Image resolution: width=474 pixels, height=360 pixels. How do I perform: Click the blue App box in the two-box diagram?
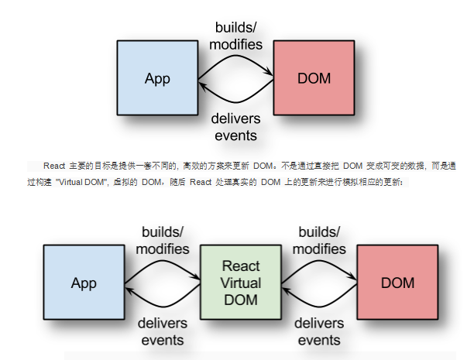pyautogui.click(x=157, y=77)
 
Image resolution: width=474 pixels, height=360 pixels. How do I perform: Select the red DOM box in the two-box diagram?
pyautogui.click(x=312, y=77)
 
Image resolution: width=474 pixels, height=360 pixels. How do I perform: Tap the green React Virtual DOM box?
pyautogui.click(x=240, y=282)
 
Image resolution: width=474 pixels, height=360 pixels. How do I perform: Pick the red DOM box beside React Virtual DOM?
pyautogui.click(x=397, y=282)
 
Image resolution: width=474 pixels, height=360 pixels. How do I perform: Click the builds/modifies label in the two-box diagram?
pyautogui.click(x=235, y=36)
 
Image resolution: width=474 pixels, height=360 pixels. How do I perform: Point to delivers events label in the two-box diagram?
pyautogui.click(x=235, y=127)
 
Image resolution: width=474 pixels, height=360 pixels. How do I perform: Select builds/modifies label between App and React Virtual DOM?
pyautogui.click(x=163, y=240)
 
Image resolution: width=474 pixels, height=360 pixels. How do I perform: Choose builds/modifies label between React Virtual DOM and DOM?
pyautogui.click(x=319, y=240)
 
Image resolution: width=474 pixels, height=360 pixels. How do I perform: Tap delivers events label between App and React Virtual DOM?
pyautogui.click(x=160, y=331)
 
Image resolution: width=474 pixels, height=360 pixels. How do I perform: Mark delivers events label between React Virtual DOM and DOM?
pyautogui.click(x=319, y=331)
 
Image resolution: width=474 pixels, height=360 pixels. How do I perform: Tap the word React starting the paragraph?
pyautogui.click(x=53, y=166)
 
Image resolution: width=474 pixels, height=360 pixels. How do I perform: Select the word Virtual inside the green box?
pyautogui.click(x=240, y=282)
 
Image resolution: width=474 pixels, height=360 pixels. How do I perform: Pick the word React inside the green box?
pyautogui.click(x=240, y=266)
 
